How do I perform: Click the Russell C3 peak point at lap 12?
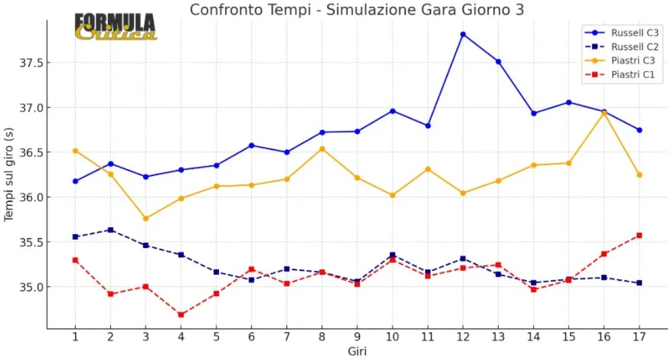click(463, 34)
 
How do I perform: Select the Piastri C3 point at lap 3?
click(146, 218)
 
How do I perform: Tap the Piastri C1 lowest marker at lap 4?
click(181, 315)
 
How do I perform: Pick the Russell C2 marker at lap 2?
click(110, 230)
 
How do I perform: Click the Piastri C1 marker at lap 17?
click(640, 235)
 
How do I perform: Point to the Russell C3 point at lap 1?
click(75, 181)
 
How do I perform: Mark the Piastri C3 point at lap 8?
click(322, 149)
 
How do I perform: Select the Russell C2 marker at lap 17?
click(640, 283)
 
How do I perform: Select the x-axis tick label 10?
click(393, 337)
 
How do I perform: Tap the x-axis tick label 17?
click(640, 337)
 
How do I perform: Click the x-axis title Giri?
click(357, 351)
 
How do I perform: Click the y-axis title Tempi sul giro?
click(9, 174)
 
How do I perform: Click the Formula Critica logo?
click(115, 27)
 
